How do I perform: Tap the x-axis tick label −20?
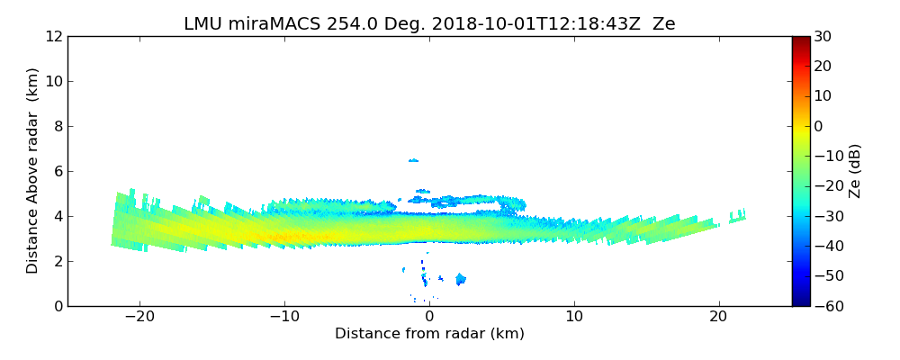pos(139,317)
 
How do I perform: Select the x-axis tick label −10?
pos(284,317)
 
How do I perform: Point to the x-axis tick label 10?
pos(574,317)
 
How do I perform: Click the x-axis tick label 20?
pos(718,317)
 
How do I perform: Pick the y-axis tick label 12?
pos(53,37)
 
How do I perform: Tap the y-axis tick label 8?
pos(58,127)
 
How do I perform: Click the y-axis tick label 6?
pos(58,172)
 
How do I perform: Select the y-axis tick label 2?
pos(58,262)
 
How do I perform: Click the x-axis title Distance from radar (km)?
pos(429,334)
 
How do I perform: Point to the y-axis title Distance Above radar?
pos(33,171)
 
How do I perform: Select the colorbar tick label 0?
pos(819,127)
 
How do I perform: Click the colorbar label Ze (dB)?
pos(855,171)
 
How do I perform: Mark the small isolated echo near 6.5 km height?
pos(413,160)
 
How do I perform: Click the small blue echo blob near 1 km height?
pos(460,279)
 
